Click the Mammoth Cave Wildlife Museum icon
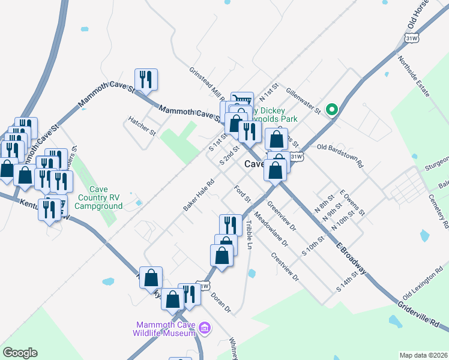click(205, 328)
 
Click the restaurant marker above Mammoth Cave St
click(146, 79)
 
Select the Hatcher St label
click(142, 124)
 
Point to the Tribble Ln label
click(249, 235)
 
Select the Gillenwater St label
click(304, 99)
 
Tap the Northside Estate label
click(414, 77)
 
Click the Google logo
click(20, 353)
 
